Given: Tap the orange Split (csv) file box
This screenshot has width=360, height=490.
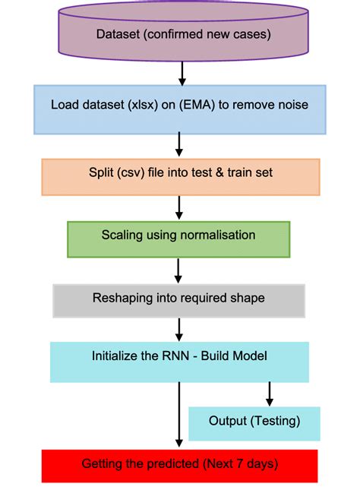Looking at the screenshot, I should tap(180, 174).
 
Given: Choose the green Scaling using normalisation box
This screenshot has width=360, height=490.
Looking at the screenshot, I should tap(178, 236).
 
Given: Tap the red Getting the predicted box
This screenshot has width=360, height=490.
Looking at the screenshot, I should tap(179, 464).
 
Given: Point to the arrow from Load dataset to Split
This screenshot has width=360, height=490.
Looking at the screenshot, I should tap(179, 144).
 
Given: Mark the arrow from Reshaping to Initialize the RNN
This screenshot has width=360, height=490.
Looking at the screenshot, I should tap(179, 329).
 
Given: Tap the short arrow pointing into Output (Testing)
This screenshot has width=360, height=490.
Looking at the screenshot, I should tap(269, 394).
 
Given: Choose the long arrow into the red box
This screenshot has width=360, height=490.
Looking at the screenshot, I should tap(179, 415).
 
